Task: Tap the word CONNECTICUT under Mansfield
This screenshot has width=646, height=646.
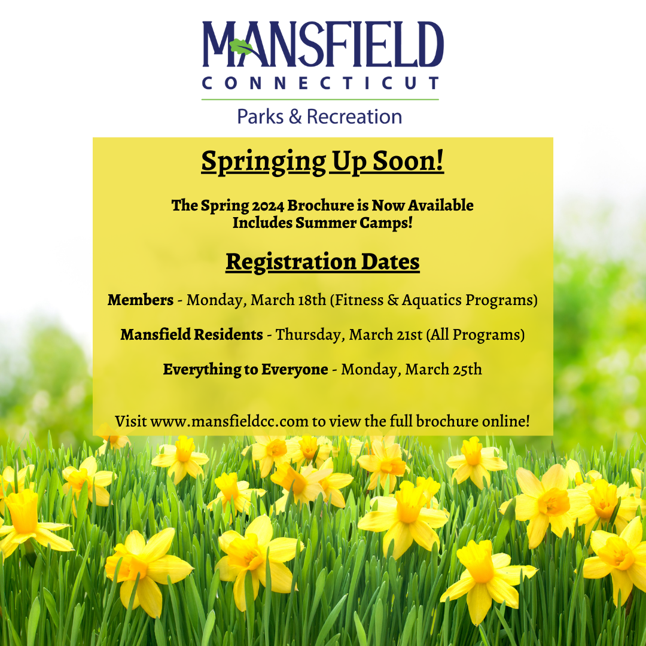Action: (x=321, y=83)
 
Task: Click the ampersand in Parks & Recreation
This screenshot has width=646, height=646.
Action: (x=295, y=116)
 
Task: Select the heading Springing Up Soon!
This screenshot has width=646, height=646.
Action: (x=322, y=162)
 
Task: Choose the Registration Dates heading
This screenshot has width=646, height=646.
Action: (x=322, y=262)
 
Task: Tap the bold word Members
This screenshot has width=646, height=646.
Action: (x=140, y=300)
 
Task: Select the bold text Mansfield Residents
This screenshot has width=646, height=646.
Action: (x=191, y=334)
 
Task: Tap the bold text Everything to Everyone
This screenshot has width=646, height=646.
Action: (x=245, y=369)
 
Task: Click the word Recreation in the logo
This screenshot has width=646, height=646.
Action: (x=354, y=116)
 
